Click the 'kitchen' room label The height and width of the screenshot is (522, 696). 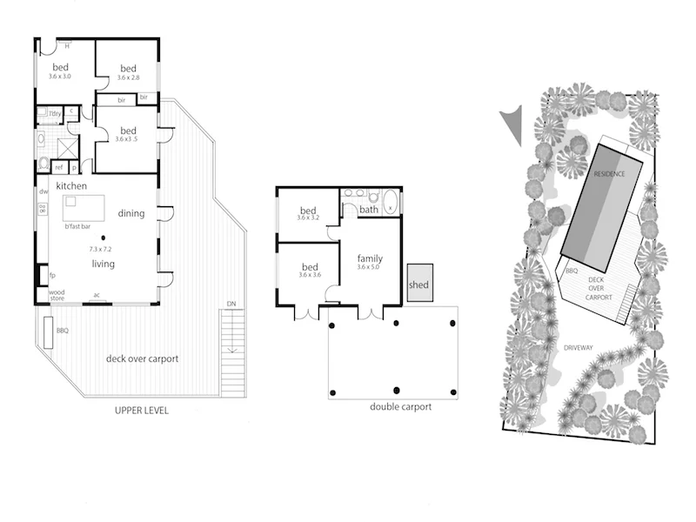(x=75, y=187)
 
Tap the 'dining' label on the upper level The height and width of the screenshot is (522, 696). (x=130, y=213)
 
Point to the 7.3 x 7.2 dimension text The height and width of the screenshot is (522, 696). (x=101, y=249)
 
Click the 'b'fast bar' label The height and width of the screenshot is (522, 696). (x=78, y=227)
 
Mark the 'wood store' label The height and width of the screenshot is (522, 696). (x=57, y=295)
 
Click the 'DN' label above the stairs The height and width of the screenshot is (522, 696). (x=231, y=304)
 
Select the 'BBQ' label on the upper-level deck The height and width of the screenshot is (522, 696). (x=62, y=331)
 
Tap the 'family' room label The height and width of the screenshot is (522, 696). (x=370, y=258)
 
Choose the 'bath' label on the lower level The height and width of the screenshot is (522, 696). (x=369, y=210)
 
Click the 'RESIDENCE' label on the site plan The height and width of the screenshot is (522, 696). (x=610, y=174)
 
